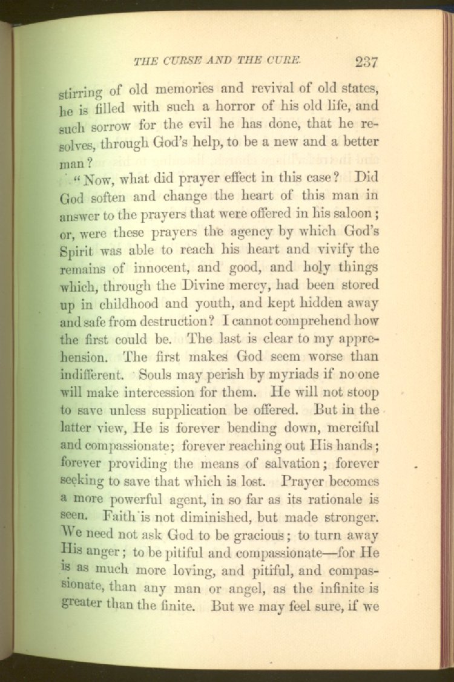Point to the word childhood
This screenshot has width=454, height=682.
[130, 303]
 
